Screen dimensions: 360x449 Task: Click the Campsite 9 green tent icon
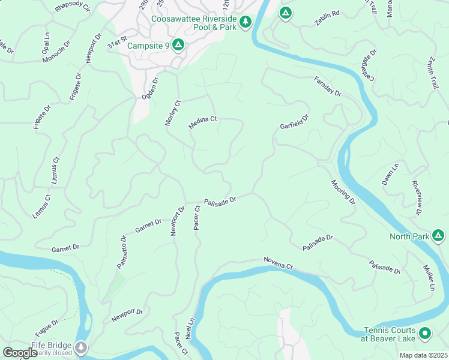tap(178, 44)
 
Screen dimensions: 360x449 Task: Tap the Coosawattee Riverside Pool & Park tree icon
tap(245, 23)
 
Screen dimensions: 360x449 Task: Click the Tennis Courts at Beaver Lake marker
tap(425, 333)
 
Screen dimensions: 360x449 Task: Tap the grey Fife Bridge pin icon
tap(81, 347)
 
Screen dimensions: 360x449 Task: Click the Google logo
tap(20, 353)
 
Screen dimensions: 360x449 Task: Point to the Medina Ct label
tap(202, 119)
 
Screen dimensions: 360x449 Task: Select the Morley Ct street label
tap(172, 113)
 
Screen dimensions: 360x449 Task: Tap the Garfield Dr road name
tap(294, 122)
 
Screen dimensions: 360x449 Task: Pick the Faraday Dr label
tap(327, 86)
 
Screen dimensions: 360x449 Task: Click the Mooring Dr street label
tap(343, 192)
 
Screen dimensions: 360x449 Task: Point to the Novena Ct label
tap(277, 262)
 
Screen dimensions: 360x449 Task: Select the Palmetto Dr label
tap(122, 251)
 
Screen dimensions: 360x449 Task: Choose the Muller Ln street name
tap(429, 278)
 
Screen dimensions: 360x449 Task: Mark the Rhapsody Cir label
tap(71, 7)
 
